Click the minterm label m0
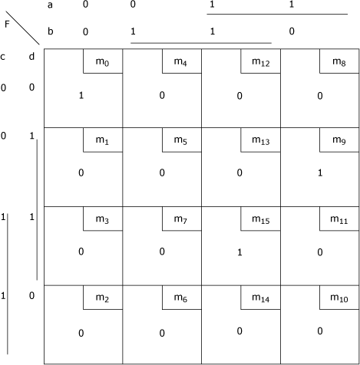102,62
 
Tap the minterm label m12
261,62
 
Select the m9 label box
339,140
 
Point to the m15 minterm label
261,219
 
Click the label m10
339,298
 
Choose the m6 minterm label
180,298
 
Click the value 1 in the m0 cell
81,95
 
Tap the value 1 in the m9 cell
320,173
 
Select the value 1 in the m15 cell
239,252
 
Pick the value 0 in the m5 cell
162,173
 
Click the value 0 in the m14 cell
239,331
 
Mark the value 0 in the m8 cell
320,96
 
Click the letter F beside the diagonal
7,24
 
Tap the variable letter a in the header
50,5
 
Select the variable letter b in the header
51,31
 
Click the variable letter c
2,57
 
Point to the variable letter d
31,56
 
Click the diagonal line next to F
22,28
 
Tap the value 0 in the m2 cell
81,333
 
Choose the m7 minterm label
180,219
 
